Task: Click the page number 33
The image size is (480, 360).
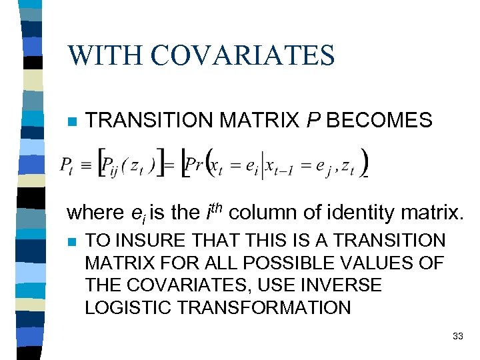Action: (x=457, y=336)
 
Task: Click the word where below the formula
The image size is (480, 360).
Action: (x=93, y=213)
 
